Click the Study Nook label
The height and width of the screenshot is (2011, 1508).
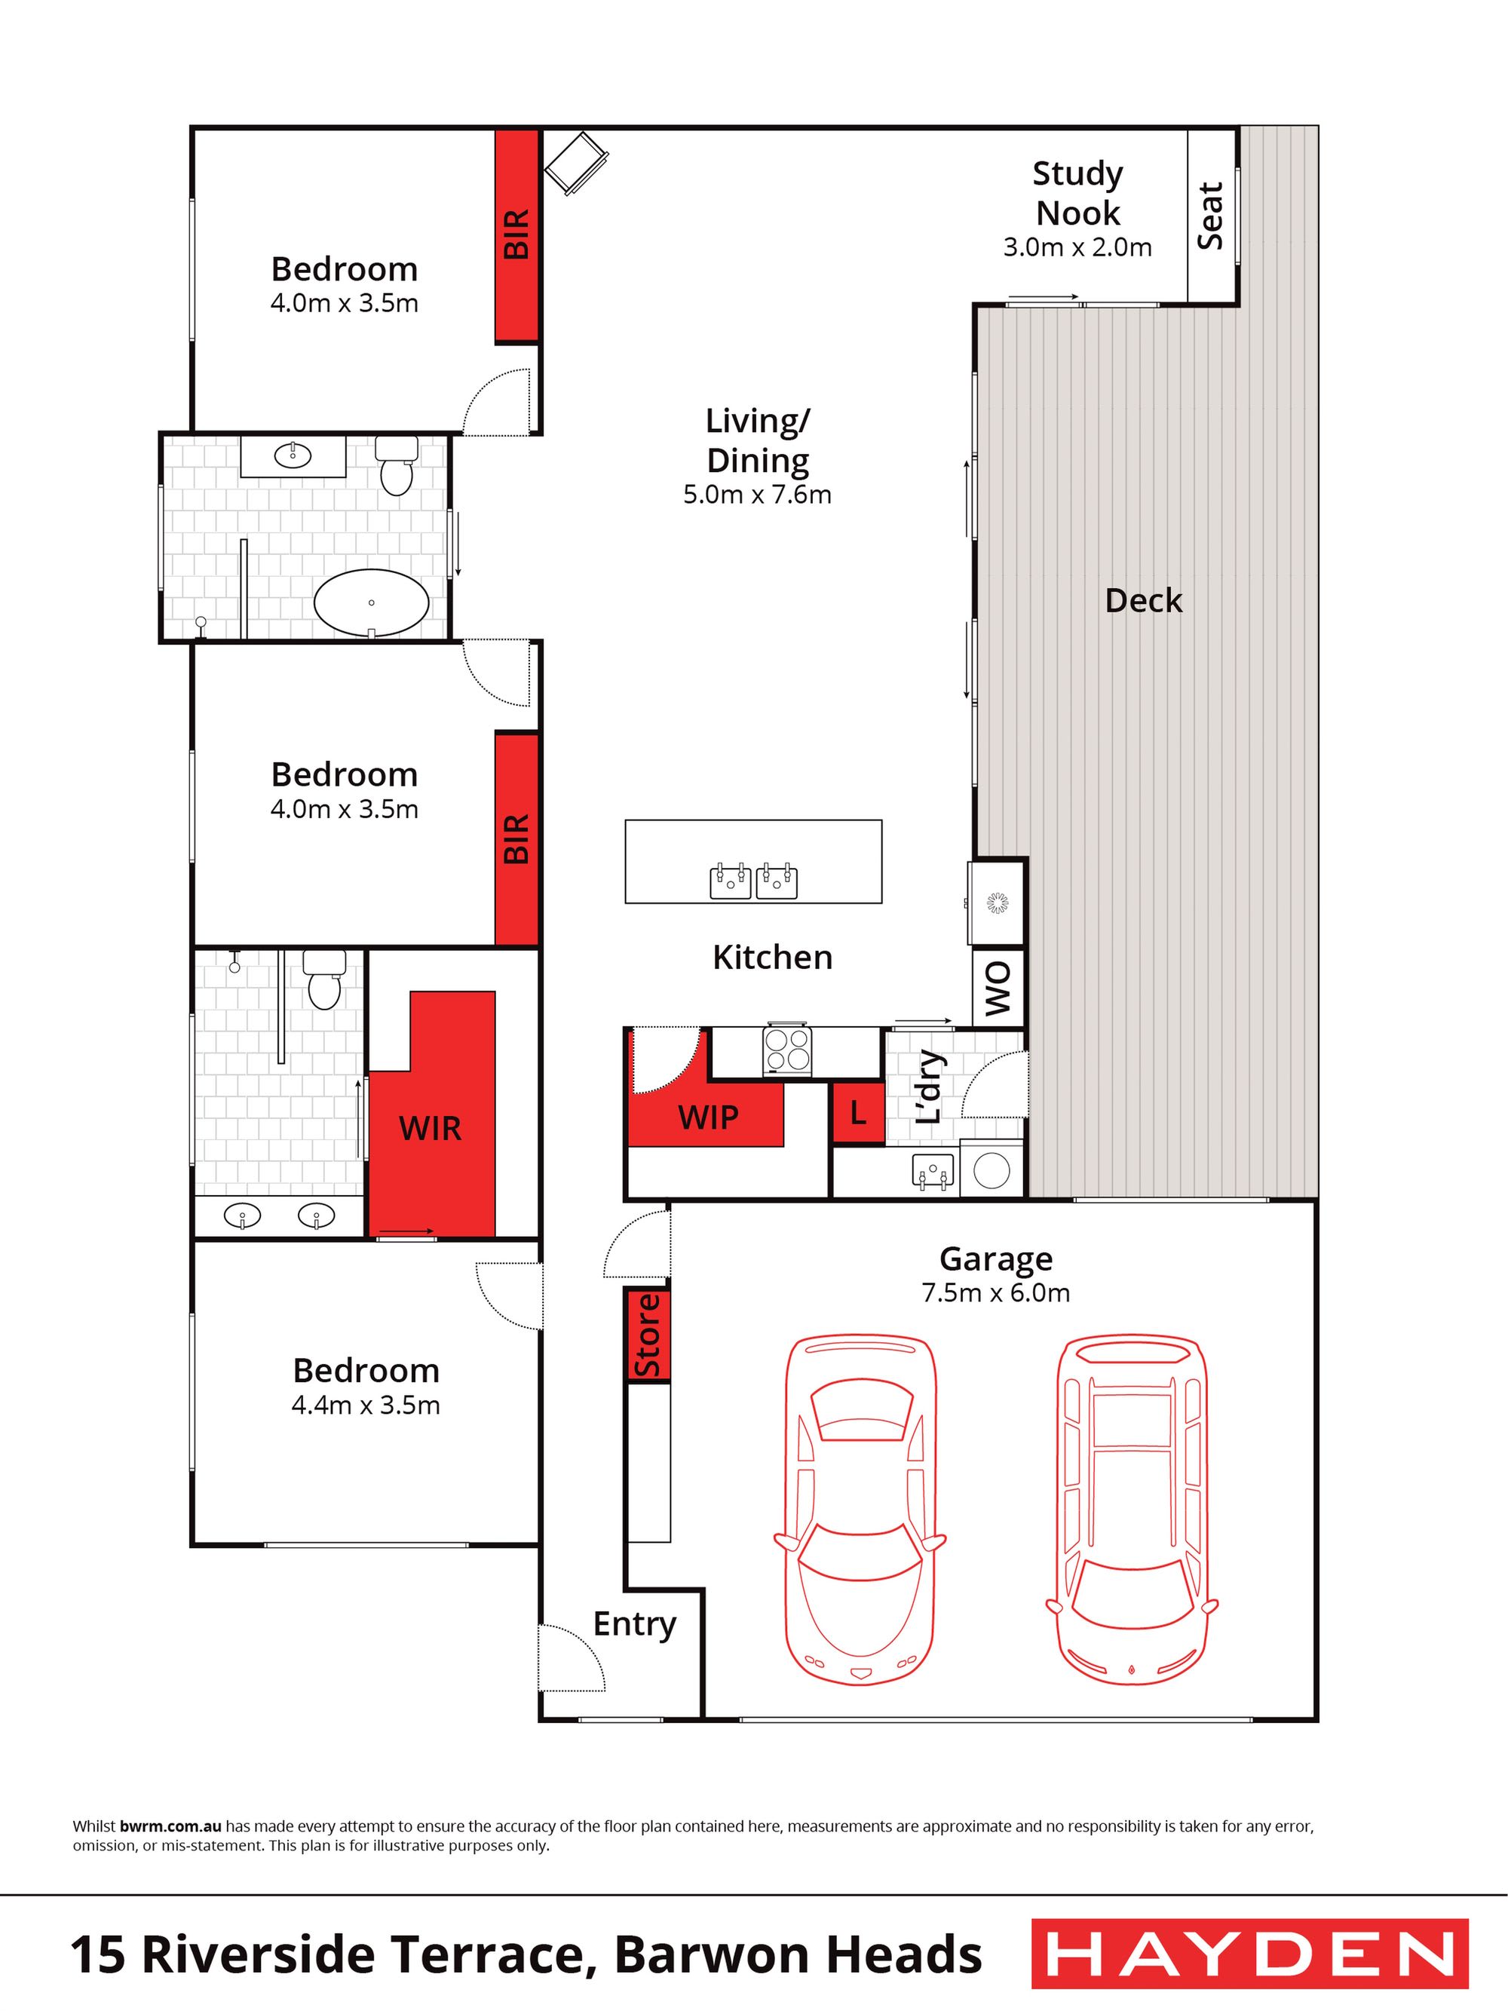(1078, 193)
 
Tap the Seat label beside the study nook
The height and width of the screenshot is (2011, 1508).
(1210, 216)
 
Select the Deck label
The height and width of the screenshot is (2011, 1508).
(1144, 601)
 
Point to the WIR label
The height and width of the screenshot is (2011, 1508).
(430, 1128)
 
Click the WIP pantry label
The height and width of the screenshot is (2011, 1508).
(708, 1117)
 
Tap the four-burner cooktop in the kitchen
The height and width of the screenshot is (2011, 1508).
(787, 1050)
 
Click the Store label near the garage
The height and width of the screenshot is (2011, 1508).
(646, 1335)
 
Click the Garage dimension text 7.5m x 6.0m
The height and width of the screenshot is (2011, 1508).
(995, 1292)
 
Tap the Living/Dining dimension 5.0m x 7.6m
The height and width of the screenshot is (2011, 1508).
(757, 495)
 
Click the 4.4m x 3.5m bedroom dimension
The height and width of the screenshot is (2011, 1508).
(366, 1406)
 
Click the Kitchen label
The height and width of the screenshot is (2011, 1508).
(772, 958)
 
